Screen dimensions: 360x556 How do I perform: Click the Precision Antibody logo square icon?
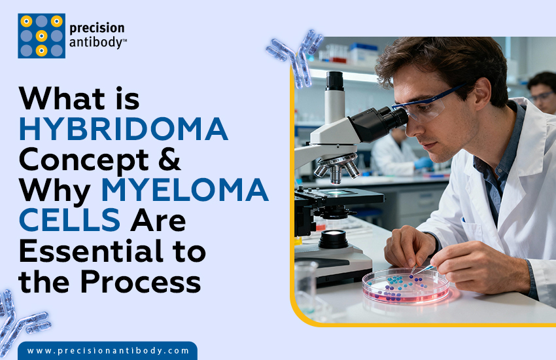[41, 36]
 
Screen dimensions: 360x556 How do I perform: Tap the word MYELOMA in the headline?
[184, 190]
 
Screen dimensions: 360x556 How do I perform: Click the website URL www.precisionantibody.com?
[108, 351]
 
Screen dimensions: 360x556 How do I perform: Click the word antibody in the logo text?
[98, 43]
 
